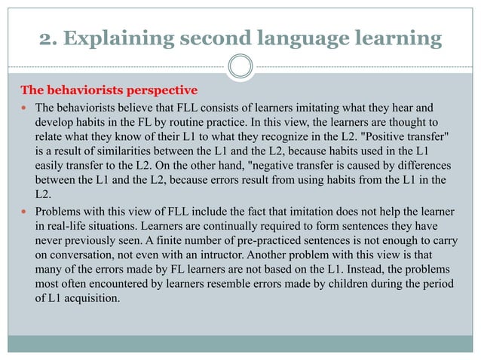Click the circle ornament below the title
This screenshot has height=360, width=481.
pos(240,67)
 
